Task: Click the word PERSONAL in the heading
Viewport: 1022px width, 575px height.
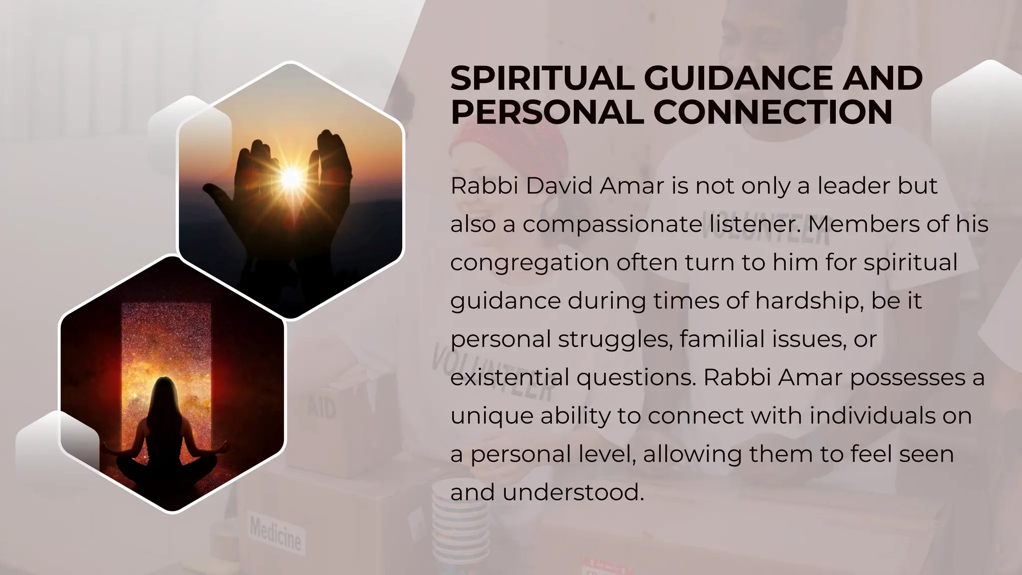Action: point(547,112)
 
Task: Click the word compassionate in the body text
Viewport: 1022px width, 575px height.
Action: point(612,225)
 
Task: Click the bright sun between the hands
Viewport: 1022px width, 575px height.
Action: point(291,178)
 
